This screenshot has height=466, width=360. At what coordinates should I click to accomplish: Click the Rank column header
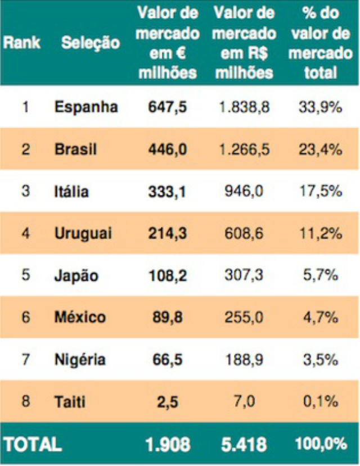click(x=21, y=43)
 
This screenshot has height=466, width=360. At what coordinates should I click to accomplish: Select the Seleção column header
click(x=91, y=43)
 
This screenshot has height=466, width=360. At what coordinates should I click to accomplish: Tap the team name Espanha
click(x=86, y=107)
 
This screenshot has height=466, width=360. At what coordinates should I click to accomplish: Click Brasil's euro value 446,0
click(x=167, y=149)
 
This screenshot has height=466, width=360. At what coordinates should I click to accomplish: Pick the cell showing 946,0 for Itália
click(x=244, y=191)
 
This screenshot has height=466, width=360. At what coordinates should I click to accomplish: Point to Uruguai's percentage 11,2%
click(x=321, y=233)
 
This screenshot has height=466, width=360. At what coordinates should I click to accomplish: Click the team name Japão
click(x=76, y=275)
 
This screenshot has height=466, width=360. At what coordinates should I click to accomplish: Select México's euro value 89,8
click(x=167, y=317)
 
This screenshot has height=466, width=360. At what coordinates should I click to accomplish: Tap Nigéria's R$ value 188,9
click(x=244, y=359)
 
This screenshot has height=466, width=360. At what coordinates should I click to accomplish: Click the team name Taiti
click(x=70, y=401)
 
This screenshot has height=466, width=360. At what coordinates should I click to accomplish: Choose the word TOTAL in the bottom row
click(x=32, y=444)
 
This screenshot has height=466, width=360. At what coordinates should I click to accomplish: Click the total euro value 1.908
click(x=167, y=444)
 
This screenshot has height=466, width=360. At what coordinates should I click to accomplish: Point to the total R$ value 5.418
click(x=244, y=444)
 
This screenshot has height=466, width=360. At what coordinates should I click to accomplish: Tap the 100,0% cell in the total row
click(x=321, y=444)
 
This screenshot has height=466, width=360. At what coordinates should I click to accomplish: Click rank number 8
click(x=25, y=401)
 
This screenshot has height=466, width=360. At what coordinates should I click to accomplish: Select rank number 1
click(x=25, y=107)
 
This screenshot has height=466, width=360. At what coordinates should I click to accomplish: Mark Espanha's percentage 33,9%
click(x=321, y=107)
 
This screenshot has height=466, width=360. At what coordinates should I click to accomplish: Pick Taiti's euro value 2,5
click(x=167, y=401)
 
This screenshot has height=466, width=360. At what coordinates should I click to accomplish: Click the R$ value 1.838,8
click(x=244, y=107)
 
